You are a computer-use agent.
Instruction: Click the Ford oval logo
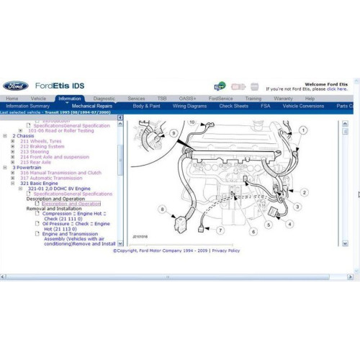click(15, 86)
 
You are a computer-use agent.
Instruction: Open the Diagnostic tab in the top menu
click(104, 98)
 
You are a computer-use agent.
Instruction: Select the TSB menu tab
click(162, 98)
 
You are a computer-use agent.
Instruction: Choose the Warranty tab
click(283, 98)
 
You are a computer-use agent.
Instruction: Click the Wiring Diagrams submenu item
click(189, 106)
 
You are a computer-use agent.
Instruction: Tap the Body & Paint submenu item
click(146, 106)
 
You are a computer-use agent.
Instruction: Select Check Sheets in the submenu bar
click(233, 106)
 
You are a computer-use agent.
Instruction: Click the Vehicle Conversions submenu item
click(303, 106)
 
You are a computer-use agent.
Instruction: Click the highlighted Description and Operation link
click(71, 204)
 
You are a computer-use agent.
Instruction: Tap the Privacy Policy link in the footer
click(225, 251)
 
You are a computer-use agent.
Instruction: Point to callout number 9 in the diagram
click(173, 133)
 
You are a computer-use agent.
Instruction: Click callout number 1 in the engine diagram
click(302, 130)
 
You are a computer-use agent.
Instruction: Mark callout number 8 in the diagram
click(163, 209)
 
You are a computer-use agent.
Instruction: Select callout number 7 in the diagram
click(220, 230)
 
